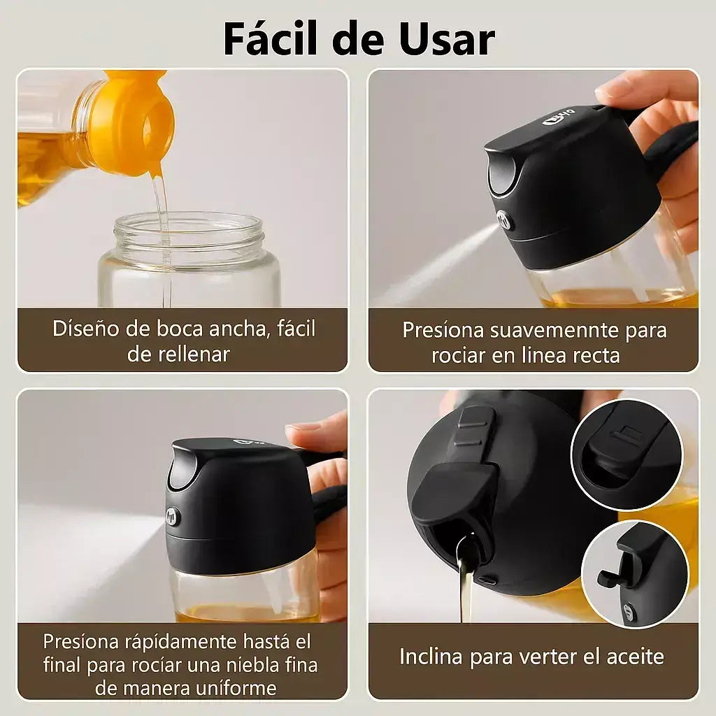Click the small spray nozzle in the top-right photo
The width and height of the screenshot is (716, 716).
click(506, 220)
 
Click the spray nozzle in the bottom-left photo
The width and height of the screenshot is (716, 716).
click(172, 516)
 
